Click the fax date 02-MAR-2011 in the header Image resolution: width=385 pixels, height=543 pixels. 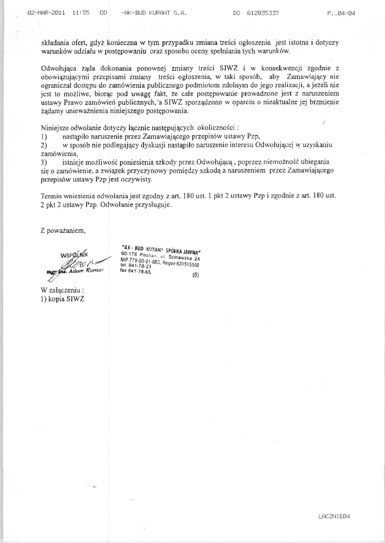46,13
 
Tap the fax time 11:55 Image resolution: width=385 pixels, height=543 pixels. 81,13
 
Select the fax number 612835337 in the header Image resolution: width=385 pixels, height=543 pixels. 263,13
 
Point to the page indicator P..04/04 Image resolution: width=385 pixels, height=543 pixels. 341,13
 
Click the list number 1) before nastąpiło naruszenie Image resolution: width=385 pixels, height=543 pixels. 44,136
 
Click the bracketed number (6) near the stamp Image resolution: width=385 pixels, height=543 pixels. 196,276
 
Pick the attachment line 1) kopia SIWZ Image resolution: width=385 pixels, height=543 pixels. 63,299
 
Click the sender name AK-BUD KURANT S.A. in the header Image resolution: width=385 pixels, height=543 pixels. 154,13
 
